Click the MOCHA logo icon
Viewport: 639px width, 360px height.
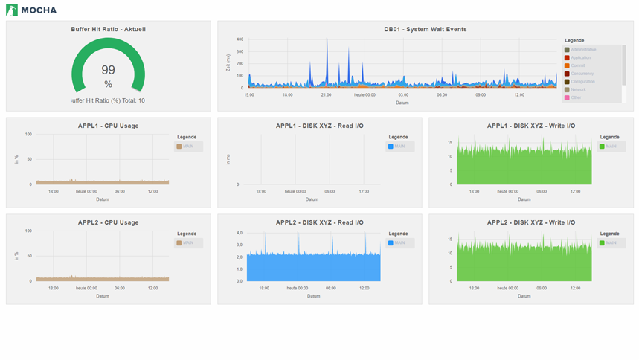pyautogui.click(x=11, y=10)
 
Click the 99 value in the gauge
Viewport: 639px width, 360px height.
pyautogui.click(x=108, y=70)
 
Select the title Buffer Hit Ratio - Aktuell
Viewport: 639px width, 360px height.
pyautogui.click(x=108, y=29)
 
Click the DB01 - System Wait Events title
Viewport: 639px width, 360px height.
pyautogui.click(x=425, y=29)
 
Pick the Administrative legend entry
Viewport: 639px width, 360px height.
pyautogui.click(x=582, y=49)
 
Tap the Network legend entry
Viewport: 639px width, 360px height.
pyautogui.click(x=578, y=89)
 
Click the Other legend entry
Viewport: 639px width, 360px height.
pyautogui.click(x=576, y=97)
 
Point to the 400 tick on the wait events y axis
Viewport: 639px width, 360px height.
pyautogui.click(x=240, y=39)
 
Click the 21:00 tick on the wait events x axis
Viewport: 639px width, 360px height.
pyautogui.click(x=326, y=94)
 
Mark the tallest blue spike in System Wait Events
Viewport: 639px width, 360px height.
pyautogui.click(x=327, y=42)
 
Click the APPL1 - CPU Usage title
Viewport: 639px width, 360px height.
pyautogui.click(x=108, y=126)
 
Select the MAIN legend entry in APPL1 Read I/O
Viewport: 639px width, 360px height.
pyautogui.click(x=401, y=147)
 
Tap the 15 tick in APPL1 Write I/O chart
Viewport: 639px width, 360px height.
pyautogui.click(x=450, y=141)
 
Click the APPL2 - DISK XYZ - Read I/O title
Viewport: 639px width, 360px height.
pyautogui.click(x=319, y=222)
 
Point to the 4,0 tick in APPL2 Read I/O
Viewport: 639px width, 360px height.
pyautogui.click(x=240, y=233)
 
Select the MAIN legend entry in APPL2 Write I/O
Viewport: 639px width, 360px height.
pyautogui.click(x=611, y=243)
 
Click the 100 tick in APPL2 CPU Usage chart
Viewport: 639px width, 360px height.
pyautogui.click(x=28, y=231)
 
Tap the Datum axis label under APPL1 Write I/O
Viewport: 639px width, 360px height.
pyautogui.click(x=524, y=199)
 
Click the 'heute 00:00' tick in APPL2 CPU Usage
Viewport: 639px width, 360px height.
pyautogui.click(x=87, y=288)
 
